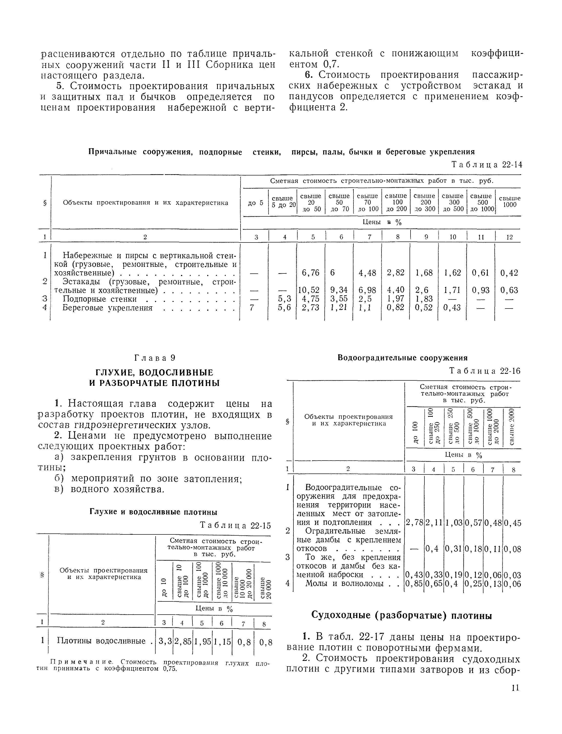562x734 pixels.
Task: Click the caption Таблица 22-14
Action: [486, 165]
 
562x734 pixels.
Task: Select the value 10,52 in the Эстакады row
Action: [309, 290]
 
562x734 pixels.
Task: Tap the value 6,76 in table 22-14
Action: [311, 273]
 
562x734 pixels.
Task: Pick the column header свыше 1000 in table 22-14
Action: [510, 202]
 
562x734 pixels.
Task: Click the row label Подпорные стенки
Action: [100, 299]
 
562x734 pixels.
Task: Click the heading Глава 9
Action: [155, 358]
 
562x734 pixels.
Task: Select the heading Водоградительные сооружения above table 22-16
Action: [402, 358]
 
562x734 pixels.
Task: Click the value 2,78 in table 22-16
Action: [414, 523]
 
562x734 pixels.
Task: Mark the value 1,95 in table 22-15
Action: [203, 641]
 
